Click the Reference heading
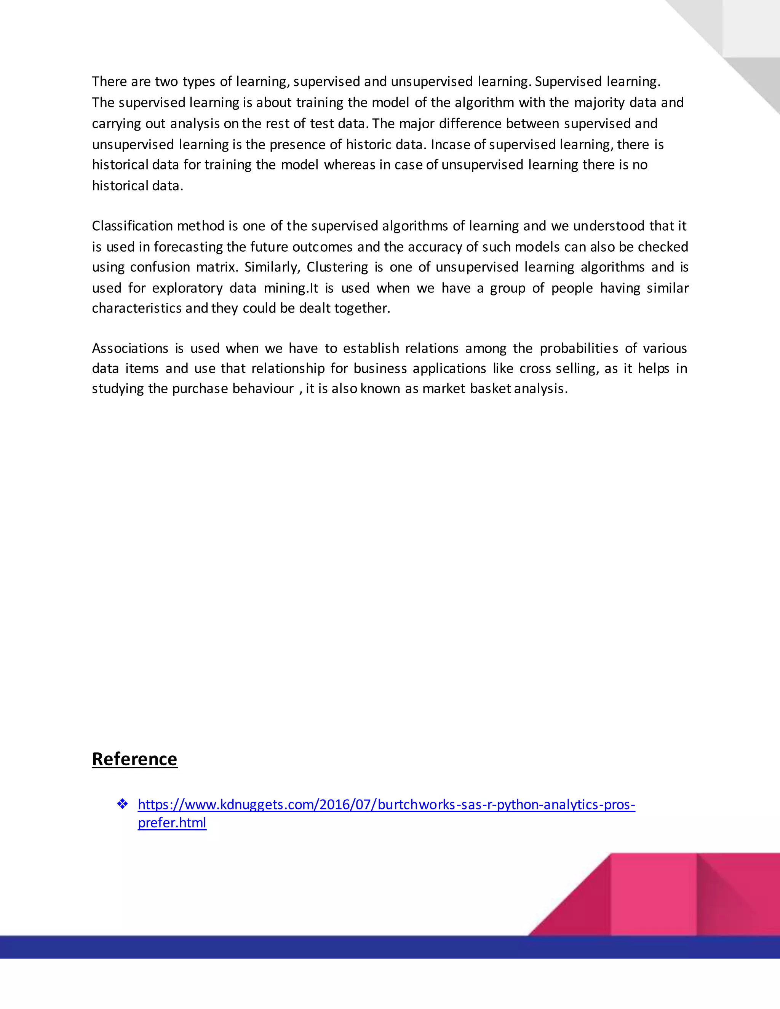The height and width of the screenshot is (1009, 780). pos(134,759)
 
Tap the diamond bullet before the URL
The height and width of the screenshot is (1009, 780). pos(123,804)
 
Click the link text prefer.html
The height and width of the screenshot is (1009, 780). pos(172,822)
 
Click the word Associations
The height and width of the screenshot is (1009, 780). pos(130,348)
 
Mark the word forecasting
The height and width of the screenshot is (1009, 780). pos(188,247)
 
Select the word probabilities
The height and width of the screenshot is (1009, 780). pos(579,348)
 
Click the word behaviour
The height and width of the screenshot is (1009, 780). pos(262,388)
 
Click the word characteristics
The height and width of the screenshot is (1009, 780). pos(137,308)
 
